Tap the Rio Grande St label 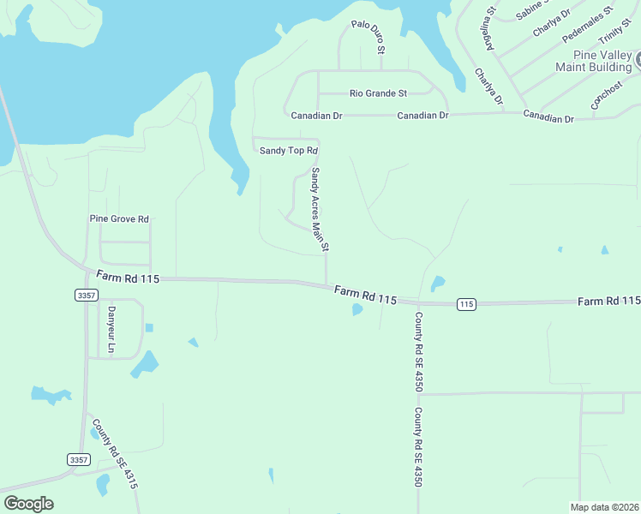coord(378,93)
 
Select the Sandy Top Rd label coord(283,151)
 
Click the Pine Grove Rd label coord(119,218)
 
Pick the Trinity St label coord(614,36)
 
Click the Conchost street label coord(606,95)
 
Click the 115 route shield coord(466,304)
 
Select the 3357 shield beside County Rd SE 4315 coord(79,460)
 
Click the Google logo coord(28,504)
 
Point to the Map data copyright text coord(603,507)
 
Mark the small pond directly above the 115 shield coord(438,283)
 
